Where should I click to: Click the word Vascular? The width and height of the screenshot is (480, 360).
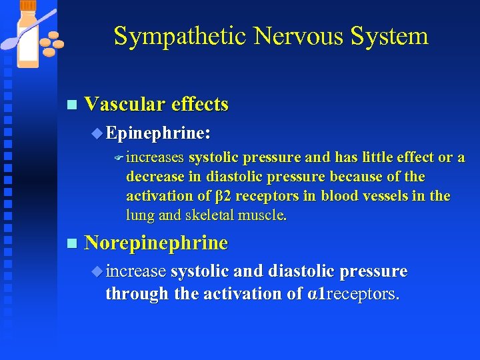coord(125,105)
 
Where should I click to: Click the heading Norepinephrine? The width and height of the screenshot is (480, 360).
coord(156,243)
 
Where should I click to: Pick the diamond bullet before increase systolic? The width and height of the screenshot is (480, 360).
coord(98,271)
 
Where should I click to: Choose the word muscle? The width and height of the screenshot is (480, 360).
coord(265,215)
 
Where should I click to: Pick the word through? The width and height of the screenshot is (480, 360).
coord(137,293)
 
